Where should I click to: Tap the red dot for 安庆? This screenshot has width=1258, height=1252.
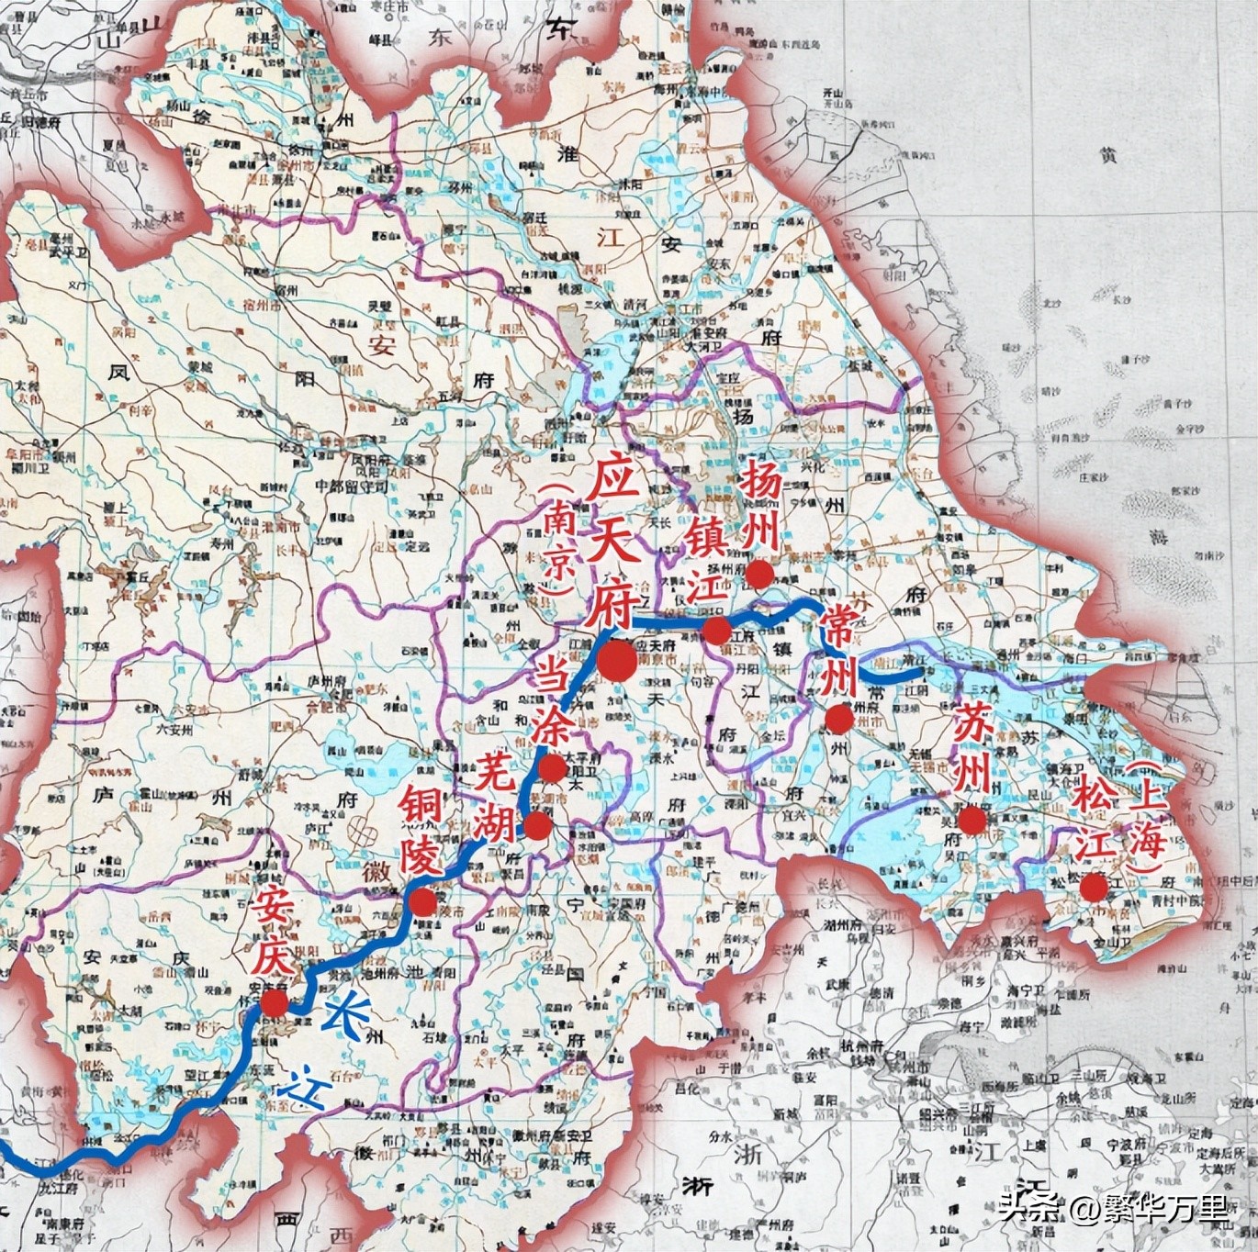[273, 1002]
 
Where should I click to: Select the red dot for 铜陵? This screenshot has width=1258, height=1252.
[422, 902]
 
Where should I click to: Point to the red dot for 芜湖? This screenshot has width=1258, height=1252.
[537, 826]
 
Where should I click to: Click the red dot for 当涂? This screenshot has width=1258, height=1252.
[552, 768]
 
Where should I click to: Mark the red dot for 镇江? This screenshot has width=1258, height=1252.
[717, 631]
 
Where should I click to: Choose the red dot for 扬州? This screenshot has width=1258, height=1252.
[759, 575]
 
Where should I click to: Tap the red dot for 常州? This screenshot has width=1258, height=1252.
[837, 719]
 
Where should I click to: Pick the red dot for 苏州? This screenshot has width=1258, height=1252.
[972, 820]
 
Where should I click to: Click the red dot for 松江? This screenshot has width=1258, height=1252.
[1093, 887]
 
